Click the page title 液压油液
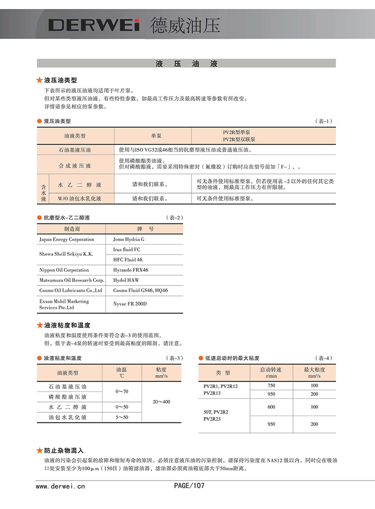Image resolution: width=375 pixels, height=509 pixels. pos(186,64)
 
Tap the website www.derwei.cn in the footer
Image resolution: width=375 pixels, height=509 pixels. pos(60,485)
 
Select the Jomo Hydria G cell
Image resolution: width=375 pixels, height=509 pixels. pos(128,239)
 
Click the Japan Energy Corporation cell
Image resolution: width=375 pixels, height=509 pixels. pos(66,239)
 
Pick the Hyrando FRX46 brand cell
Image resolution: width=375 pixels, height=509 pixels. pos(130,270)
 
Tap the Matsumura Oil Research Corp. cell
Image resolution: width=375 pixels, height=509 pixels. pos(71,280)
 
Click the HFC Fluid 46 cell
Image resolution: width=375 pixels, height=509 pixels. pos(127,259)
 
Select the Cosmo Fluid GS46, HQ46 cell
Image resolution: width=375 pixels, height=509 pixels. pos(140,290)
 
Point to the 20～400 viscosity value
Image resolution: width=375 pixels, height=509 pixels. pos(161,402)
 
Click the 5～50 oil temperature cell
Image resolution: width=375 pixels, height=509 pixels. pos(122,417)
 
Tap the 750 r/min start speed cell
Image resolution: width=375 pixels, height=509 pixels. pos(271,385)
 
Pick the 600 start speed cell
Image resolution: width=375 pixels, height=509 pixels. pos(271,407)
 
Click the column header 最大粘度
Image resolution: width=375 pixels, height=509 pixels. pos(314,369)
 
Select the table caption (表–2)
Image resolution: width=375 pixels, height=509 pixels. pos(174,218)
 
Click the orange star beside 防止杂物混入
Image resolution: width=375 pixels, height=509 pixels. pos(40,450)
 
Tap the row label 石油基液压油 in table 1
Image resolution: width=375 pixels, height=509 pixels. pos(75,149)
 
